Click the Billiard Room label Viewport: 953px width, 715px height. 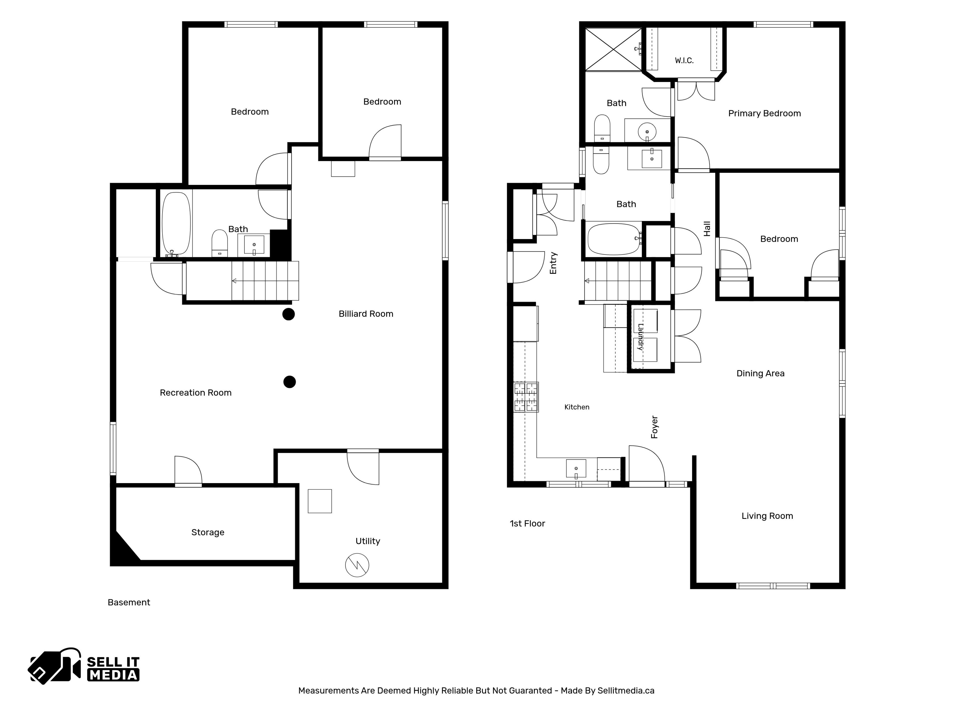[x=366, y=314]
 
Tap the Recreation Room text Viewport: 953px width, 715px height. [x=196, y=393]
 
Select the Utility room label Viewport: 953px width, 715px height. [x=368, y=541]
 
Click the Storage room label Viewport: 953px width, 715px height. [x=208, y=532]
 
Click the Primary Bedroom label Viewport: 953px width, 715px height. [x=764, y=113]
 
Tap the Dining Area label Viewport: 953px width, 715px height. [x=760, y=373]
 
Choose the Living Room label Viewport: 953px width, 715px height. [x=767, y=516]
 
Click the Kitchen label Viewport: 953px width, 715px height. [x=577, y=407]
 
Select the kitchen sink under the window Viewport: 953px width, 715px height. [x=576, y=469]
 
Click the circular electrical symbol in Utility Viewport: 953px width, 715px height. [x=357, y=565]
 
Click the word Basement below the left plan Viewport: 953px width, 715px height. [x=129, y=603]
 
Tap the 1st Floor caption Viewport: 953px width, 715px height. [x=527, y=524]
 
